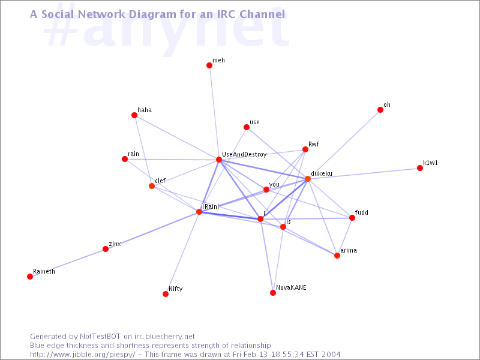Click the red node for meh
coord(209,65)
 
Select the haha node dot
coord(134,115)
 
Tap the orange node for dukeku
coord(308,179)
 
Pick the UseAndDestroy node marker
coord(219,160)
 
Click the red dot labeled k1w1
coord(419,168)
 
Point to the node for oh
coord(380,110)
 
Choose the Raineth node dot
coord(29,277)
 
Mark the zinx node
coord(106,249)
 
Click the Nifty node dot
coord(166,294)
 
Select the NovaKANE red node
coord(273,293)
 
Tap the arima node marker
coord(337,256)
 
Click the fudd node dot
coord(352,218)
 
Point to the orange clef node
coord(152,186)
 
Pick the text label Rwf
coord(314,144)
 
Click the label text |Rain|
coord(211,206)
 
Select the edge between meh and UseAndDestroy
coord(214,112)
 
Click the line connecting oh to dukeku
coord(344,144)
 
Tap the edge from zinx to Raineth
coord(68,263)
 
